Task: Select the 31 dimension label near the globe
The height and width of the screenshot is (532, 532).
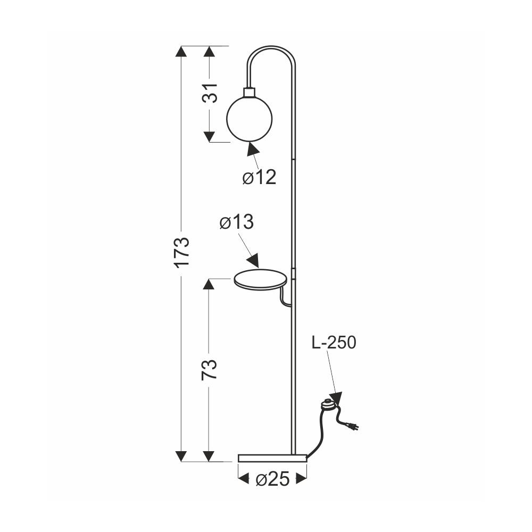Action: click(210, 93)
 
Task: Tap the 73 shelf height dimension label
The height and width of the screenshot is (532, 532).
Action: click(209, 370)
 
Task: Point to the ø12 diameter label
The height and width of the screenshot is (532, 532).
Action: click(259, 177)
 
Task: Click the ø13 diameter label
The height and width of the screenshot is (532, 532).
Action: click(237, 222)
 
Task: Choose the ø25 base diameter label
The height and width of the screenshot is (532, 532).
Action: click(273, 479)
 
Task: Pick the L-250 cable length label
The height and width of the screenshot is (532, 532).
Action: click(334, 342)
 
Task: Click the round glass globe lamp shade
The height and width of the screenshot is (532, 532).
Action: click(250, 118)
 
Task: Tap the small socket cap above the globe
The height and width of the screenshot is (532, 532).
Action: click(250, 92)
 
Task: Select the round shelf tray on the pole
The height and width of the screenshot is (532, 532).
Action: click(261, 280)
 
